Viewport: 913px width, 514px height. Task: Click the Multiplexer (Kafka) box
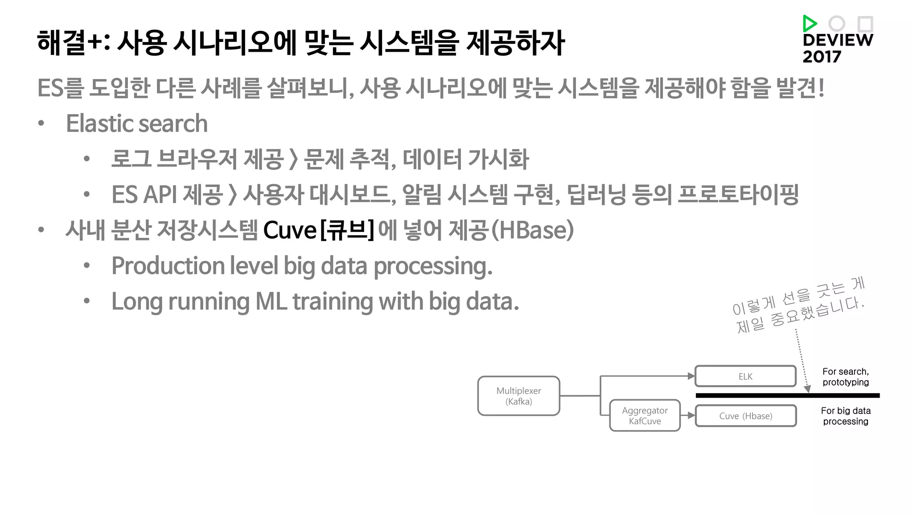[518, 396]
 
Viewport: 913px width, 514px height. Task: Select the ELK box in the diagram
[745, 376]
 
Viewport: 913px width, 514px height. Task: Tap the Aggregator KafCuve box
[645, 415]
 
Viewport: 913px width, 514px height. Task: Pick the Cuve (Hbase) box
[745, 416]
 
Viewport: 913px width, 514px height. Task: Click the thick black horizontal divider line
[787, 395]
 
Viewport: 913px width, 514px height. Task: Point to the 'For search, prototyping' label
[846, 377]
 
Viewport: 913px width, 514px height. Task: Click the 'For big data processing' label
[846, 416]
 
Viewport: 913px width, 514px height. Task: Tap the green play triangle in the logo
[809, 23]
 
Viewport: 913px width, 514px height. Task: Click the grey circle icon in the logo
[837, 24]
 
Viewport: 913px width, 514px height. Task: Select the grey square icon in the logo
[865, 24]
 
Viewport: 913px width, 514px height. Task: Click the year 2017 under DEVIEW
[822, 57]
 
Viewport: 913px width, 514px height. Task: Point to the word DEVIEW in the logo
[838, 40]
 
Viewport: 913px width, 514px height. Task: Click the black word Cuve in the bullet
[290, 231]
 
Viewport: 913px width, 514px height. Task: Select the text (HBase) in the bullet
[532, 230]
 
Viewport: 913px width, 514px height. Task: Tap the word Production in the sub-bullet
[168, 266]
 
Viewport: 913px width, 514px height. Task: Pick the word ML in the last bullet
[271, 302]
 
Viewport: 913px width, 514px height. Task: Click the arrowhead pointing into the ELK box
[691, 376]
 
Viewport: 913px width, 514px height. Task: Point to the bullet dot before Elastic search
[41, 124]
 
